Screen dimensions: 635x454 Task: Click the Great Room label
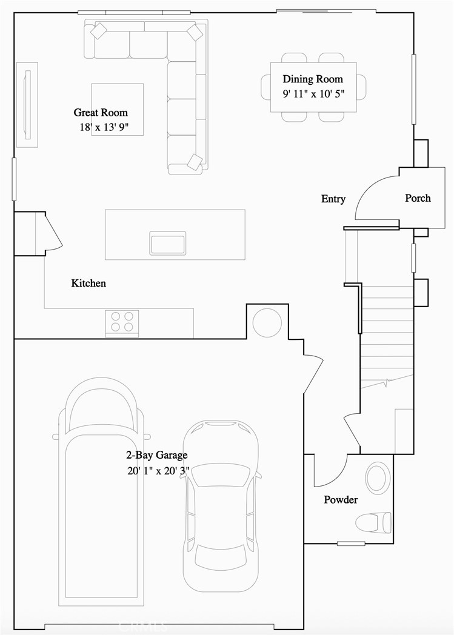click(101, 113)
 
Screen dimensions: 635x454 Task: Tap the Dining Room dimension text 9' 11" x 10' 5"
click(312, 94)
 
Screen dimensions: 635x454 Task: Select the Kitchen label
click(88, 283)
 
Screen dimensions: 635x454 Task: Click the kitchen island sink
click(168, 243)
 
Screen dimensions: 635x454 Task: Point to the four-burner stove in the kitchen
click(122, 322)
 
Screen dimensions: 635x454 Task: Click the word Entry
click(333, 199)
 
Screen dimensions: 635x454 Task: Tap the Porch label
click(418, 198)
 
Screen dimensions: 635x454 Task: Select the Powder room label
click(340, 500)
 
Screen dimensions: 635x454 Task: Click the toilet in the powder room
click(373, 522)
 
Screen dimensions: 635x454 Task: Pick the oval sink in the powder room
click(378, 477)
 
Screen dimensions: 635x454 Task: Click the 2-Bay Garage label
click(156, 455)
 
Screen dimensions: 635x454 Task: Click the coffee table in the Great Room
click(118, 110)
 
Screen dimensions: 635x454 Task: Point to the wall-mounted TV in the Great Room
click(27, 104)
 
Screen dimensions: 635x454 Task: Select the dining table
click(313, 87)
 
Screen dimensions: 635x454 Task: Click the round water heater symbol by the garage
click(267, 322)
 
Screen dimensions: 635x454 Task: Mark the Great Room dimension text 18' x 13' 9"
click(101, 128)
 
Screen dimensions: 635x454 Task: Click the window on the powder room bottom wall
click(351, 544)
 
